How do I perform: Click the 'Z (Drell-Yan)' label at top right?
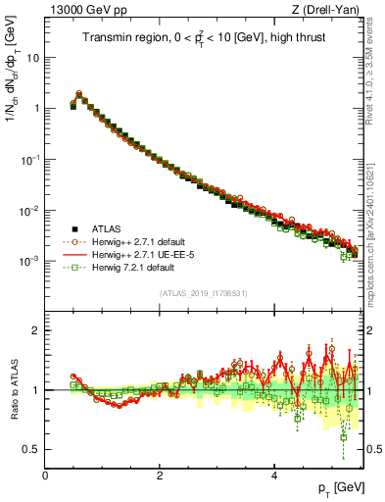coord(322,10)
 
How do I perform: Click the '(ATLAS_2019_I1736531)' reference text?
coord(203,293)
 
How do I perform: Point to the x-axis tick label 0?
coord(45,475)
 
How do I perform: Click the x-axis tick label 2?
coord(160,475)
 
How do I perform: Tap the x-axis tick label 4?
coord(274,475)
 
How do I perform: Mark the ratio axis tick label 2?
coord(35,330)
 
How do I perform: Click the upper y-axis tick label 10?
coord(32,57)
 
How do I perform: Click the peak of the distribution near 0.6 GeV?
coord(78,94)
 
